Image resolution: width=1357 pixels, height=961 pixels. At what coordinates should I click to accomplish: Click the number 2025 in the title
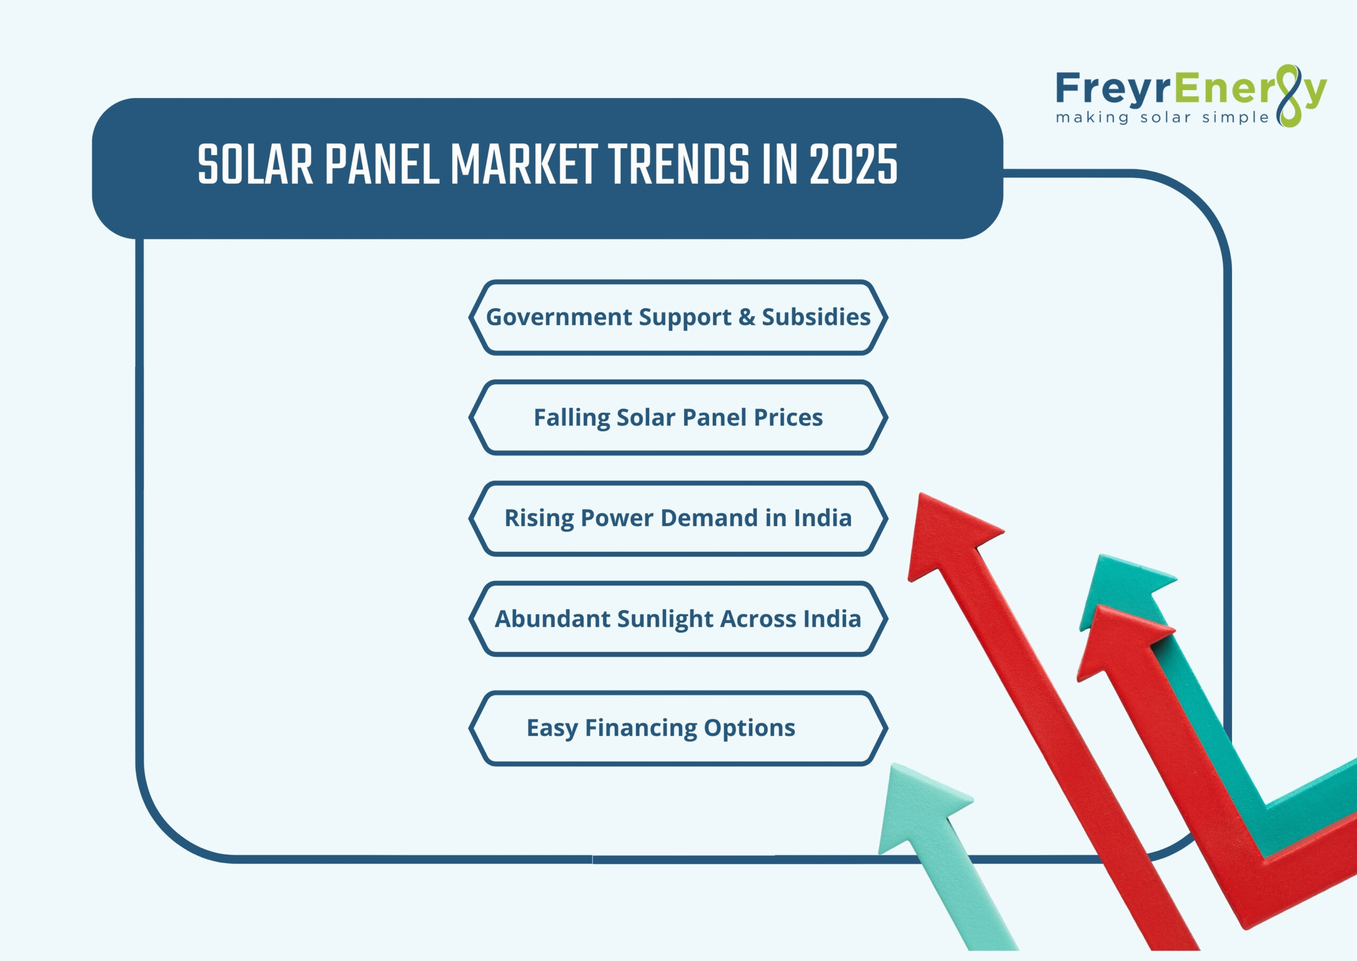coord(853,165)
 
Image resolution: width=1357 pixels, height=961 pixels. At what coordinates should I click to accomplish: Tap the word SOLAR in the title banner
coord(255,165)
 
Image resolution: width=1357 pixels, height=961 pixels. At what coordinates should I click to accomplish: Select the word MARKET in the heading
coord(524,165)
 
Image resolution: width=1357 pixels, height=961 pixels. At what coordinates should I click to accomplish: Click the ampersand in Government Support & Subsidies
coord(747,317)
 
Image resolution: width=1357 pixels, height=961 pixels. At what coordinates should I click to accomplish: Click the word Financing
coord(641,728)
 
